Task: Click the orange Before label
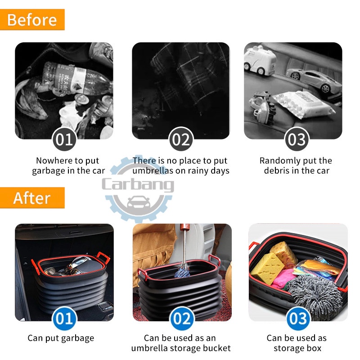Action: [32, 19]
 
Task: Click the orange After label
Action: [32, 198]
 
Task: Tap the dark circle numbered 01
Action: [64, 139]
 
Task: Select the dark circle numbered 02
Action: [181, 139]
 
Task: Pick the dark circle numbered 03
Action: [297, 139]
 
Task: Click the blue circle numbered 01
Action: [64, 318]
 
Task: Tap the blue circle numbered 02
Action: [182, 318]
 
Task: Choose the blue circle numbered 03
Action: [298, 318]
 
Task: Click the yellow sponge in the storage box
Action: [267, 267]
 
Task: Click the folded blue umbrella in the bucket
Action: [183, 271]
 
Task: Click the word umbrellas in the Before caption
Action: [153, 171]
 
